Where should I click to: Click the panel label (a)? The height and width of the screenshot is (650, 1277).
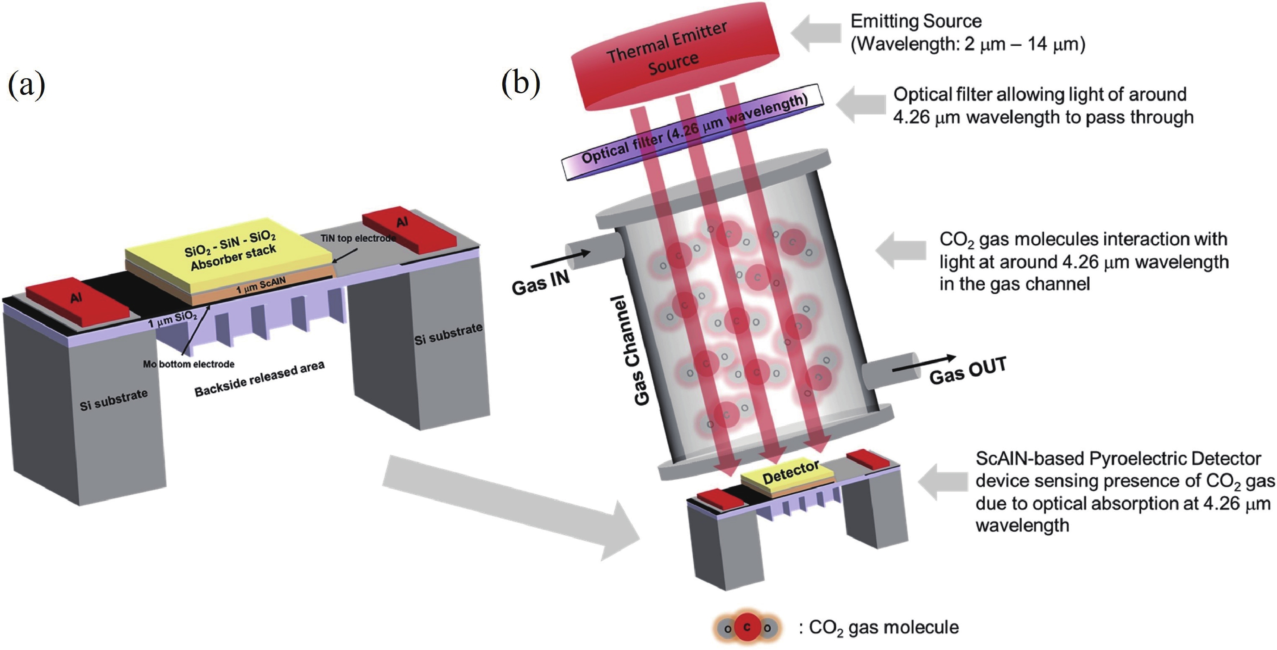click(26, 85)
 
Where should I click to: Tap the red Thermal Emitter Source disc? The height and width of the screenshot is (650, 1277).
click(674, 55)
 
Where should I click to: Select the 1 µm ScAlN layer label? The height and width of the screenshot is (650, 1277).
click(261, 285)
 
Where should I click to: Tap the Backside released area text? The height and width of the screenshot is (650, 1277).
click(259, 379)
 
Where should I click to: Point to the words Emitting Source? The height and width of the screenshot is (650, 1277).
click(916, 21)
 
